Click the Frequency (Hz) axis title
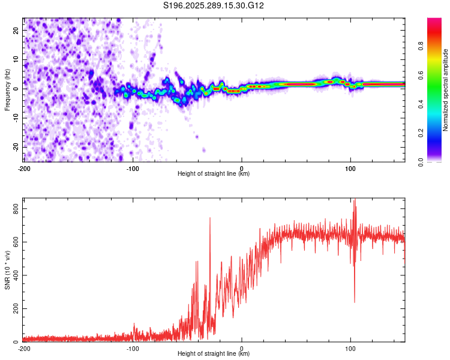[7, 90]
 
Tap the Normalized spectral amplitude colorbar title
[445, 90]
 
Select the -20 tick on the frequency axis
[16, 147]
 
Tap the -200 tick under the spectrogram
[24, 169]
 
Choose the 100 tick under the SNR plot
[351, 349]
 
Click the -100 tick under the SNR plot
[133, 349]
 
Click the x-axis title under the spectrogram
[214, 174]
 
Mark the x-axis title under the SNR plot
[214, 354]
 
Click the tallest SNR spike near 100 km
[355, 200]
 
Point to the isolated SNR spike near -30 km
[210, 218]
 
